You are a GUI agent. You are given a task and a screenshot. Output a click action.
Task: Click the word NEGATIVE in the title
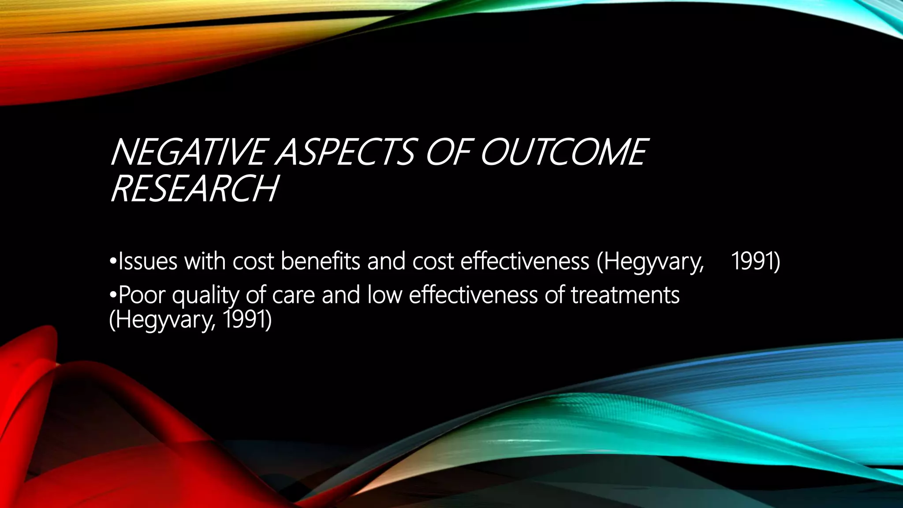[187, 152]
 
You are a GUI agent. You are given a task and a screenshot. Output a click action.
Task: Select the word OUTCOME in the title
[562, 152]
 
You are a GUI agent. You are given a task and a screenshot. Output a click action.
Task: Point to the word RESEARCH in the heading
[194, 189]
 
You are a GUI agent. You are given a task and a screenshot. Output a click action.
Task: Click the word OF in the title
[446, 152]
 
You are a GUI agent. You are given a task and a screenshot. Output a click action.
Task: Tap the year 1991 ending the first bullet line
[755, 261]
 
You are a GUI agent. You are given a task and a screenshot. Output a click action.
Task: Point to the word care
[294, 295]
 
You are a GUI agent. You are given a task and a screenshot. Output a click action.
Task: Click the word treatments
[625, 295]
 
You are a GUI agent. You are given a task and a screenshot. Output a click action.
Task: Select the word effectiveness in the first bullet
[525, 261]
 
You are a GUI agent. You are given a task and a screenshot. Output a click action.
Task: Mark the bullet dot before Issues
[113, 263]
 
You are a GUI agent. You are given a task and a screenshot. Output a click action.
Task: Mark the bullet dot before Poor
[113, 296]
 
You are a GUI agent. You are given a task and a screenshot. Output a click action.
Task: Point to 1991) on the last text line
[247, 320]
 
